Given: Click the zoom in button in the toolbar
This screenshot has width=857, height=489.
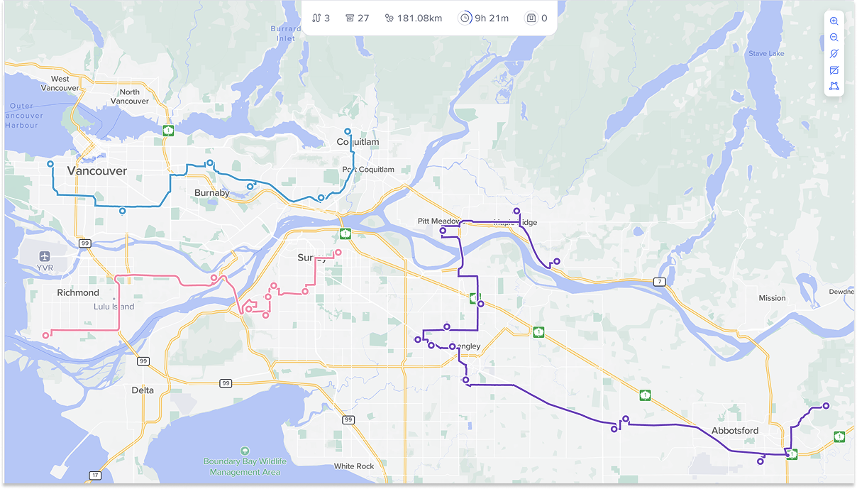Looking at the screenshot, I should click(x=834, y=21).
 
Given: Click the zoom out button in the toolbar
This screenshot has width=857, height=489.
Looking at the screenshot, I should click(x=834, y=38).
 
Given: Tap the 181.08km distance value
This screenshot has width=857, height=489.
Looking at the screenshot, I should click(x=420, y=18).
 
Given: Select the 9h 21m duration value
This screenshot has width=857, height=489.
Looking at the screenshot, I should click(x=492, y=18).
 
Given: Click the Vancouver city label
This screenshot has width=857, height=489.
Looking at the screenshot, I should click(x=97, y=171).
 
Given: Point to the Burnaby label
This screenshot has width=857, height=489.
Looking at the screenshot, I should click(x=212, y=193).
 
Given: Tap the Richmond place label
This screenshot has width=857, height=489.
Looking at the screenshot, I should click(x=78, y=292).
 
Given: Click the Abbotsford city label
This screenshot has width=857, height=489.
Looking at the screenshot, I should click(x=735, y=431).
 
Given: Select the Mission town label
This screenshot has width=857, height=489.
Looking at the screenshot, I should click(x=772, y=298).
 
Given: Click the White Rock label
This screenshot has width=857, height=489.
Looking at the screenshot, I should click(x=354, y=466).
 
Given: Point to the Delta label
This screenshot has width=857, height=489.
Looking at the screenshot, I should click(x=143, y=390).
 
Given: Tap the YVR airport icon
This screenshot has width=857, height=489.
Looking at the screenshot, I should click(x=46, y=256).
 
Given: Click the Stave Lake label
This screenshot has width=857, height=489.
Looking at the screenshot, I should click(x=766, y=54).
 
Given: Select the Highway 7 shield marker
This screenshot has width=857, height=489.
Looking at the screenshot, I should click(x=660, y=282).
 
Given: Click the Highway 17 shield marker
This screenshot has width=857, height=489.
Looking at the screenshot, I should click(x=95, y=475).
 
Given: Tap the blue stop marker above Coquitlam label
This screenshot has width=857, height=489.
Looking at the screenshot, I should click(x=347, y=131).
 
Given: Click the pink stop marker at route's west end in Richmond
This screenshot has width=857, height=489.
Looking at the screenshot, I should click(x=46, y=335).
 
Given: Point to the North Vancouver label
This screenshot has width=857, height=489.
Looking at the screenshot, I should click(x=130, y=97).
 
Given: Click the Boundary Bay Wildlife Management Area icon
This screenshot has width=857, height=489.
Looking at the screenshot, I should click(x=245, y=451).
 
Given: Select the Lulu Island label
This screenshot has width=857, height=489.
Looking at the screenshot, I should click(x=114, y=307).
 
